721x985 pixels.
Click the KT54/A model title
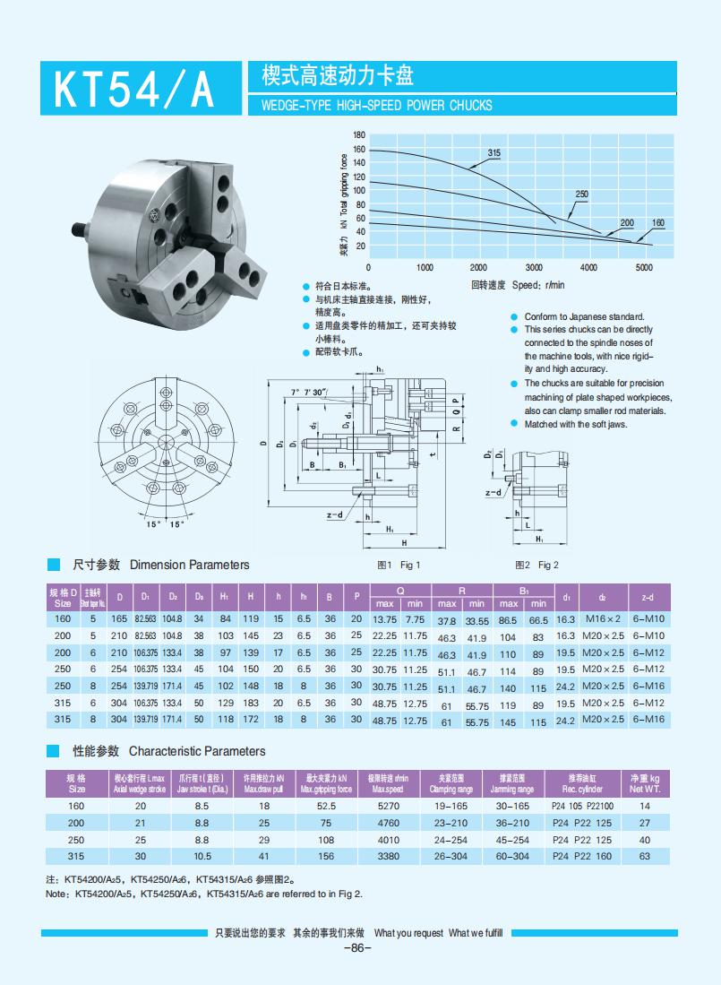click(134, 89)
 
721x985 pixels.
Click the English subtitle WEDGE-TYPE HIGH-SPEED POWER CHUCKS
click(376, 105)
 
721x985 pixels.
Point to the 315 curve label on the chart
click(494, 153)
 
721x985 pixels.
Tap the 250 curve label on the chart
click(581, 194)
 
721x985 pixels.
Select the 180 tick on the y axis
click(359, 134)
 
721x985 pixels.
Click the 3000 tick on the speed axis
click(534, 267)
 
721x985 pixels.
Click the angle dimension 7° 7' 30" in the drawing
click(309, 393)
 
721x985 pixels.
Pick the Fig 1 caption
click(399, 565)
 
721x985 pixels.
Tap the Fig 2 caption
click(536, 565)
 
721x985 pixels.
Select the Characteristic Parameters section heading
click(196, 751)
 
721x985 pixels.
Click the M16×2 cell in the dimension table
click(603, 619)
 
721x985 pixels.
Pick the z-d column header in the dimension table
click(648, 597)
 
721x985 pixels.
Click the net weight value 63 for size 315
click(644, 857)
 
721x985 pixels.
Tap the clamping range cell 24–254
click(451, 840)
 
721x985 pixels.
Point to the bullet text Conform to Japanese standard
click(583, 317)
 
